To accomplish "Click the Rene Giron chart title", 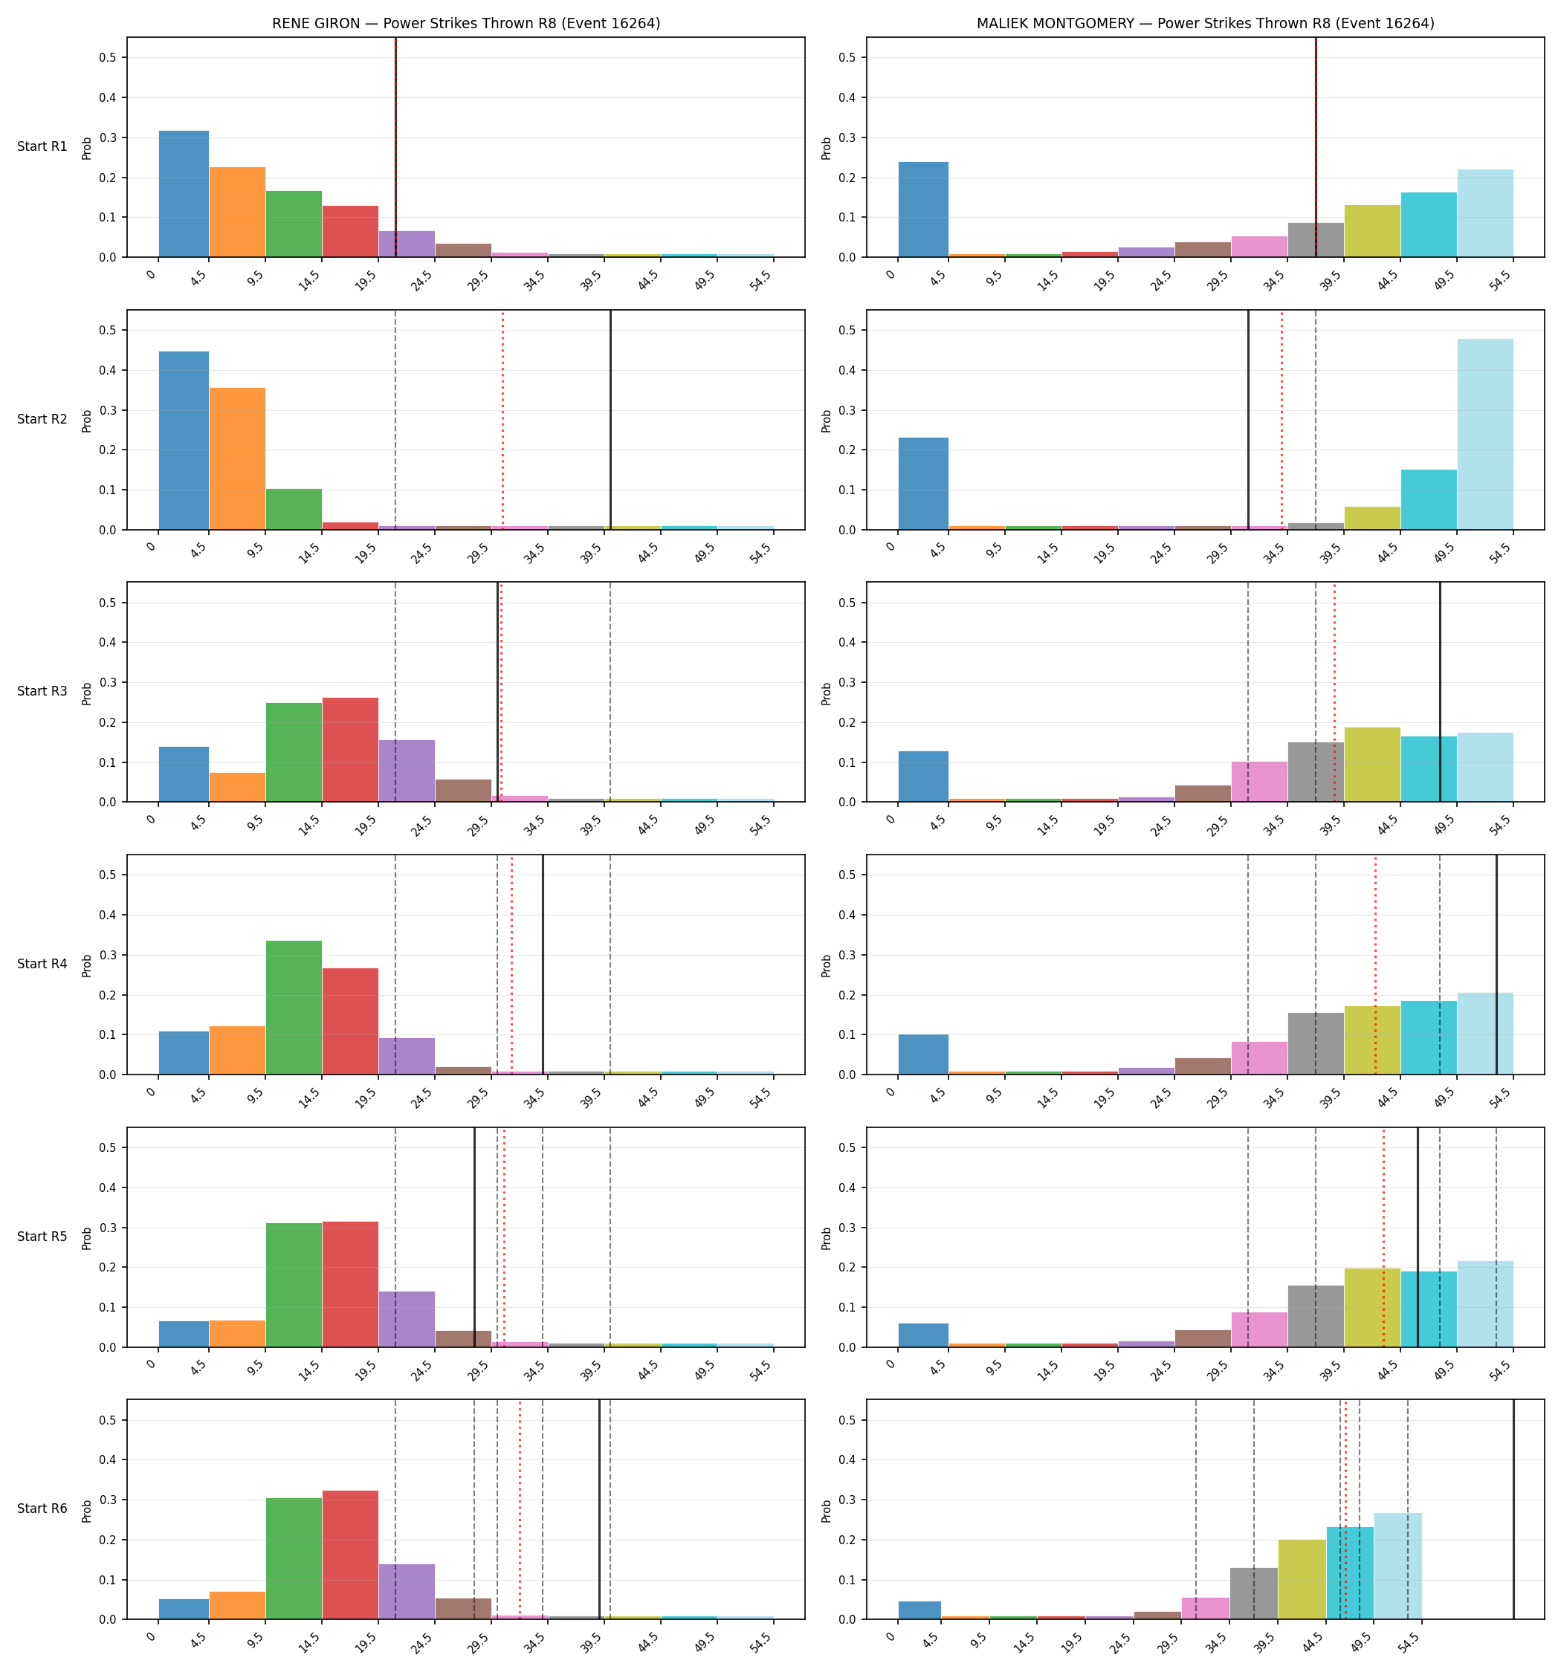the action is point(465,24).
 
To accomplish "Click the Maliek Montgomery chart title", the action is point(1205,24).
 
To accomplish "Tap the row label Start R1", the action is point(42,146).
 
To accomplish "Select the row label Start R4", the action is point(42,964).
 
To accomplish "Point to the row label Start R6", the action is point(42,1509).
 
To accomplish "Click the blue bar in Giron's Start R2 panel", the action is point(184,441).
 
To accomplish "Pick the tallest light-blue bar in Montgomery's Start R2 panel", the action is point(1485,434).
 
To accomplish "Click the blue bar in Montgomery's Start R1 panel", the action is point(923,210).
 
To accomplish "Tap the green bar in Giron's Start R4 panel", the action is point(294,1008).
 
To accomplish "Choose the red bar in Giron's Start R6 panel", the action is point(350,1555).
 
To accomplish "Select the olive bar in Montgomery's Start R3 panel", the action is point(1372,765).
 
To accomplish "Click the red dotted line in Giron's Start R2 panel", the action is point(503,421).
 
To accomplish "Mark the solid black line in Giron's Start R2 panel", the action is point(610,421).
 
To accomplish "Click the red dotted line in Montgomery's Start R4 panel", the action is point(1375,965).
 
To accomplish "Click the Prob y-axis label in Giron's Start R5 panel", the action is point(87,1238).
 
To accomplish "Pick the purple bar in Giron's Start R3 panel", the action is point(407,771).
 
